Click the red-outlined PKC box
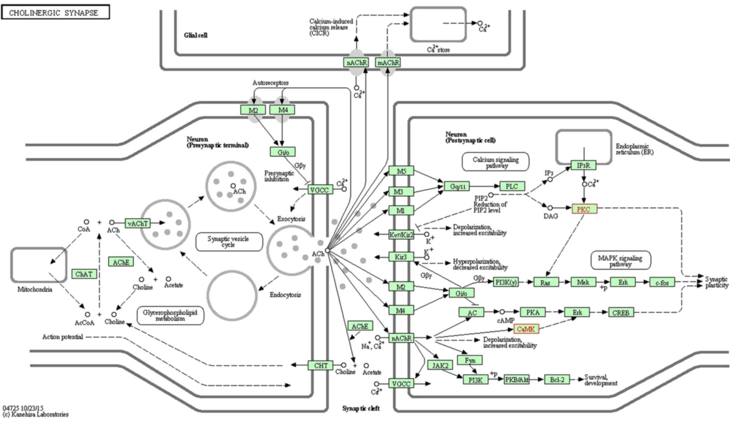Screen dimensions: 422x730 click(x=584, y=209)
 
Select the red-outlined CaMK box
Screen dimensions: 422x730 click(x=526, y=329)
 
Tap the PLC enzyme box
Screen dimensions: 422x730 click(x=512, y=186)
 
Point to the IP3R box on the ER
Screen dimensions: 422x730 click(x=584, y=166)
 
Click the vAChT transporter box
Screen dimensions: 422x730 click(x=138, y=223)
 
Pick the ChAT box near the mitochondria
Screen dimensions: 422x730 click(x=84, y=274)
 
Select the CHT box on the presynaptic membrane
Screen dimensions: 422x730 click(x=321, y=366)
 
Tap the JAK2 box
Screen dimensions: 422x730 click(x=440, y=365)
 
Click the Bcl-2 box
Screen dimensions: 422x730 click(x=557, y=380)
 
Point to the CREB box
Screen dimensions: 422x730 click(x=621, y=313)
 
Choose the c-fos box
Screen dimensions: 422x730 click(x=662, y=283)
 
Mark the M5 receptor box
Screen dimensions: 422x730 click(x=401, y=171)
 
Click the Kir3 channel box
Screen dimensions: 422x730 click(x=401, y=257)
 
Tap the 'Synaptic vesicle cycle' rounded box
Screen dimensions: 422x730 click(x=229, y=242)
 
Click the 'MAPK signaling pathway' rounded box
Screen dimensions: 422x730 click(x=620, y=261)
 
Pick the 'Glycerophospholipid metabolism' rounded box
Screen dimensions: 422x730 click(x=170, y=315)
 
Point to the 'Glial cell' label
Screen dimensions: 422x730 click(x=196, y=35)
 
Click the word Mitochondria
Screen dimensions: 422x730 click(x=35, y=289)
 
